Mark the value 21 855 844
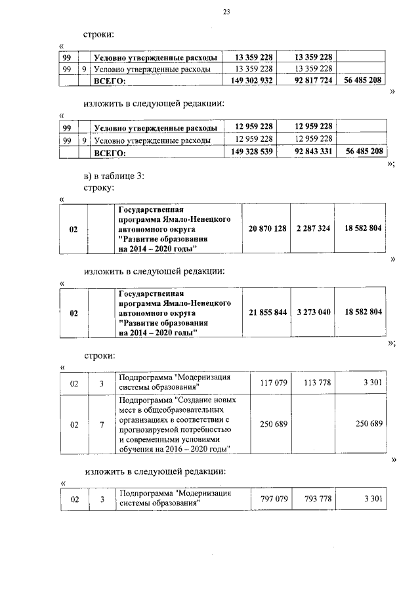point(268,312)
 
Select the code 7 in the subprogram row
point(102,425)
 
